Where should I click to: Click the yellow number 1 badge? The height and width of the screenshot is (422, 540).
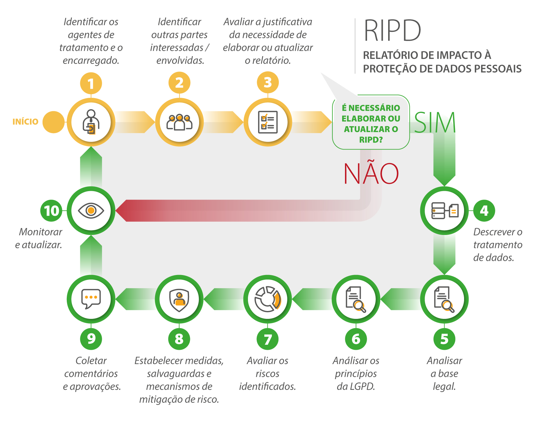click(x=91, y=84)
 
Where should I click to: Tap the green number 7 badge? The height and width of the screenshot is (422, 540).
click(x=267, y=339)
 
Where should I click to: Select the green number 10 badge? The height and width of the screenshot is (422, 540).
click(x=51, y=211)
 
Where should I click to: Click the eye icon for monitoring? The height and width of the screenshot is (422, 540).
click(x=91, y=210)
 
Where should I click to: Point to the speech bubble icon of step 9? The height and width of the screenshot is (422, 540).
click(x=91, y=299)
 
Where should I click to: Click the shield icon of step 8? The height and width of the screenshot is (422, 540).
click(x=179, y=299)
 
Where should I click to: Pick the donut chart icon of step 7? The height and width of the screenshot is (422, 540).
click(x=267, y=299)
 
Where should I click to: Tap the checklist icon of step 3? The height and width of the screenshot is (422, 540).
click(x=268, y=122)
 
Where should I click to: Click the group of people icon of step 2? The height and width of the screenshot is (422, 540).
click(x=179, y=122)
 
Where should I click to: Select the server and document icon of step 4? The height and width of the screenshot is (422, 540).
click(x=445, y=211)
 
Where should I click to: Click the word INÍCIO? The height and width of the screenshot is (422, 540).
click(x=25, y=122)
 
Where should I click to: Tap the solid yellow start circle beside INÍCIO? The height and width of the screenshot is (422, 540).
click(x=54, y=122)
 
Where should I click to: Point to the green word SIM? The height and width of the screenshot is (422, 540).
click(x=435, y=122)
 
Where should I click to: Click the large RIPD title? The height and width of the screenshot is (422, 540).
click(x=392, y=31)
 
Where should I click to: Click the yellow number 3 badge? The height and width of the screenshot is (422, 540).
click(x=267, y=83)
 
